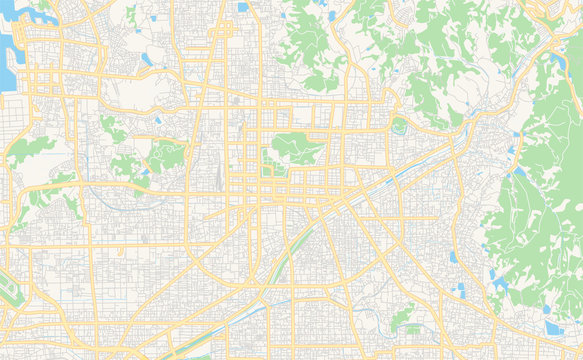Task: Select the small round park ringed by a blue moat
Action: click(x=400, y=125)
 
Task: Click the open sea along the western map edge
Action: click(x=6, y=75)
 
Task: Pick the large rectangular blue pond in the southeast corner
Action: click(x=553, y=327)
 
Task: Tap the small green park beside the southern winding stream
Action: click(x=402, y=317)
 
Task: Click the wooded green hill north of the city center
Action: click(x=310, y=45)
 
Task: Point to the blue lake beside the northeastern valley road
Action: click(x=557, y=66)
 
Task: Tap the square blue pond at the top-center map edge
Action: click(x=243, y=7)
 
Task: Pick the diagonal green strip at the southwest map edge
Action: click(x=8, y=290)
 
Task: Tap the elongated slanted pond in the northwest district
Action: click(x=147, y=58)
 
